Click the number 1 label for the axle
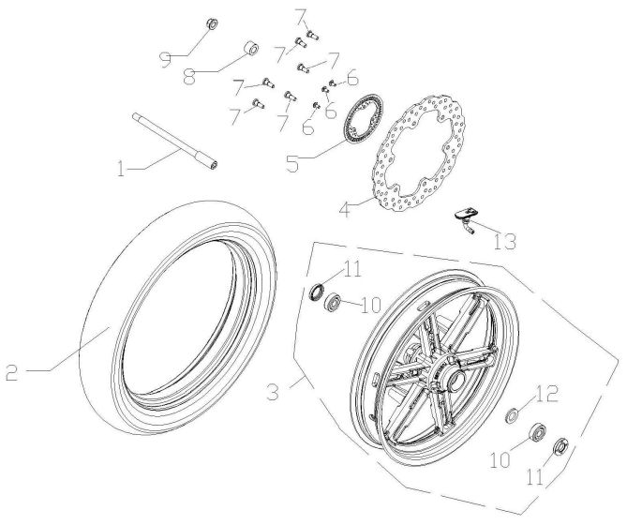click(x=121, y=170)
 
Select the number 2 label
click(x=12, y=373)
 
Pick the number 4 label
click(x=344, y=210)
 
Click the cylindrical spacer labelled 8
click(x=250, y=48)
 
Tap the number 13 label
click(x=504, y=243)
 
